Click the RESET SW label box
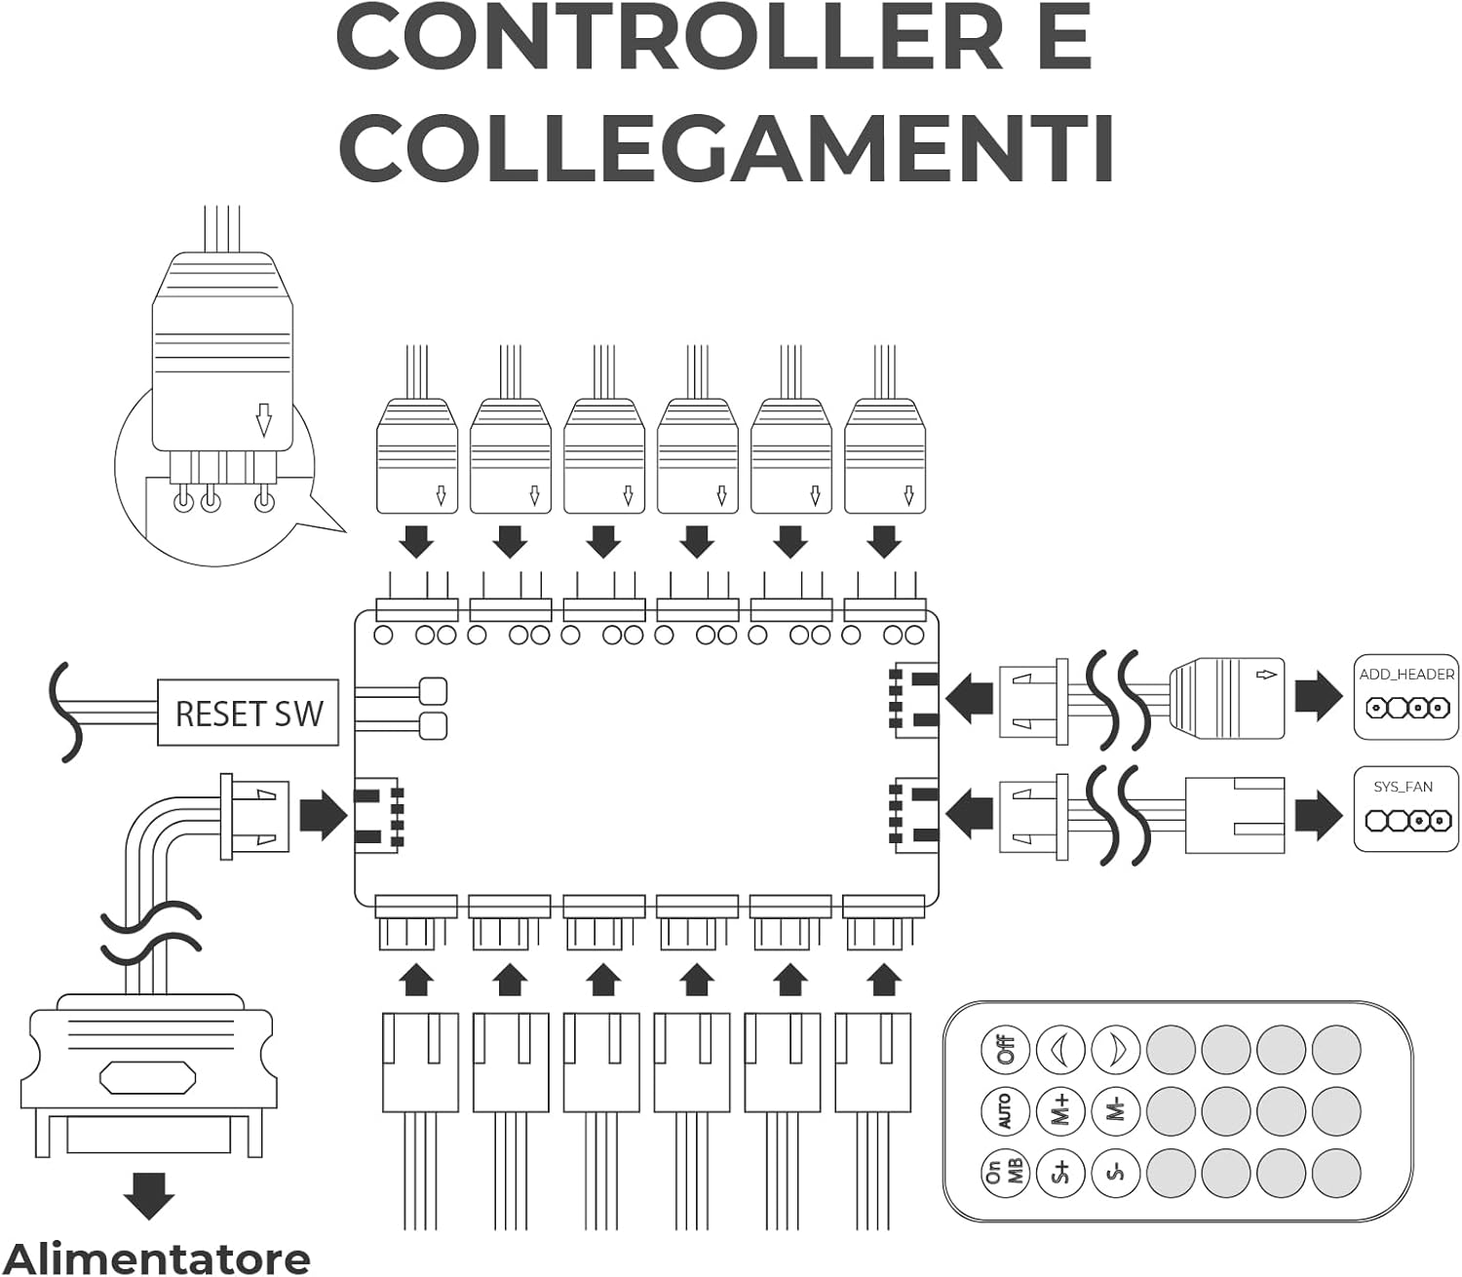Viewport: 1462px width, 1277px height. (248, 713)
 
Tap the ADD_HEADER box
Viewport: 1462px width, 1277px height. (1406, 697)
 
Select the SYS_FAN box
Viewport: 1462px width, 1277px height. (1406, 810)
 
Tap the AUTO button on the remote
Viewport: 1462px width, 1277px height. (1006, 1111)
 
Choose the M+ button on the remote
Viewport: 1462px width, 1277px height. (1060, 1111)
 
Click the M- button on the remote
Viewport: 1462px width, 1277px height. (1116, 1111)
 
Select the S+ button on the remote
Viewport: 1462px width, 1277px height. (1060, 1173)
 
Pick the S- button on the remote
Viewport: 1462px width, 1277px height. (1116, 1173)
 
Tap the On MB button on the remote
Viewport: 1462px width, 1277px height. (1006, 1173)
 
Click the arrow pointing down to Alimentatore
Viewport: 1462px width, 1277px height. (149, 1196)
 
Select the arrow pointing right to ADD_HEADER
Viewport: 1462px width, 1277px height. (1319, 696)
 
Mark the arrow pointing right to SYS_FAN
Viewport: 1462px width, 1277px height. (1319, 815)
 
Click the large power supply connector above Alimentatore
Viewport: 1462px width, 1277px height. (148, 1074)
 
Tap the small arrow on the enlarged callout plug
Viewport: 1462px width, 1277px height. (264, 419)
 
